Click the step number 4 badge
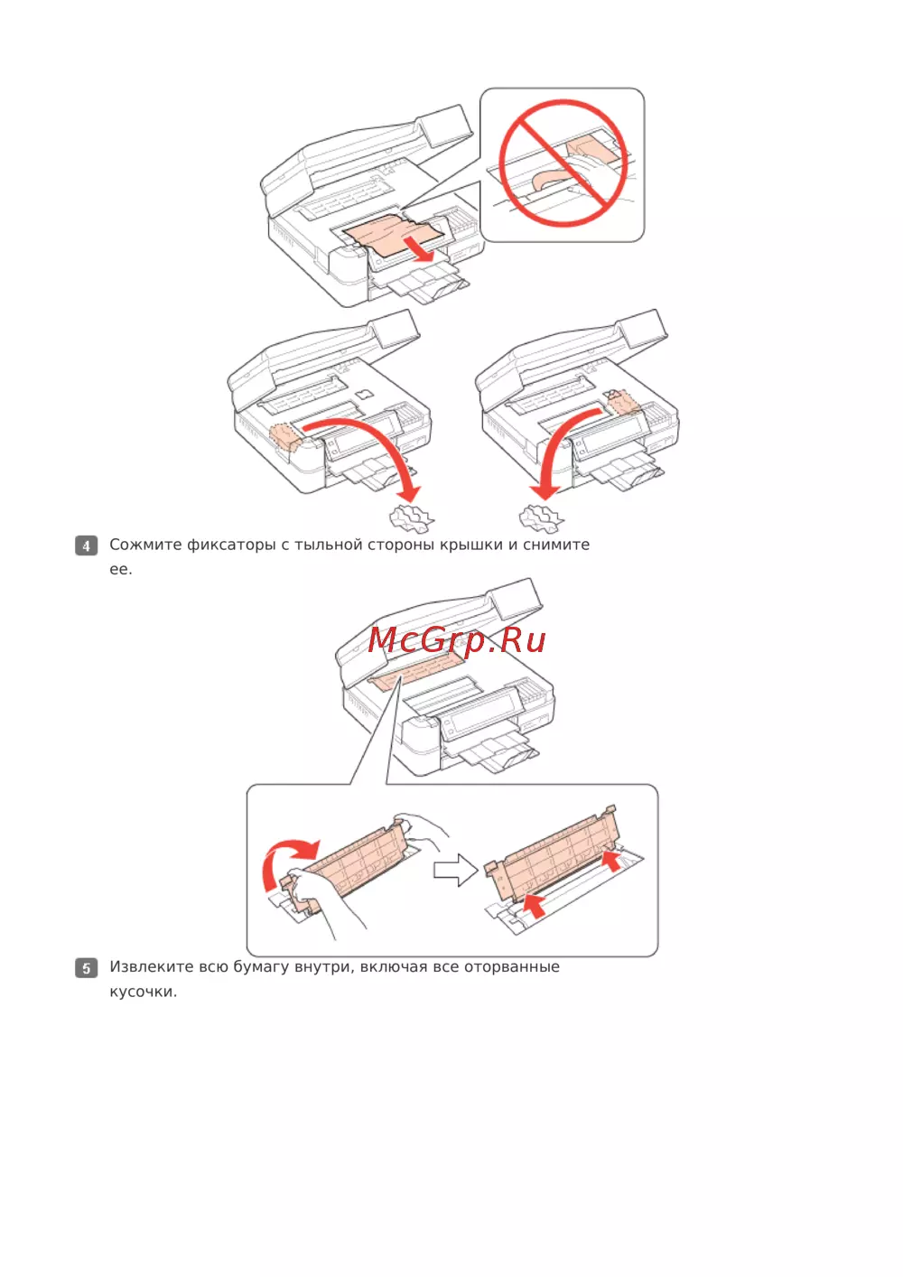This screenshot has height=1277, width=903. coord(86,545)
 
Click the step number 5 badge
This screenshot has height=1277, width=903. coord(86,968)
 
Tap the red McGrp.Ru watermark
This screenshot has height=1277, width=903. coord(457,641)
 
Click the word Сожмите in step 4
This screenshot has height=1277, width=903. coord(145,545)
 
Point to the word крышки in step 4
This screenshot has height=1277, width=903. coord(470,545)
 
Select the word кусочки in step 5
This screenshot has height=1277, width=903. coord(143,992)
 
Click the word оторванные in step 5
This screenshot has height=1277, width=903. coord(511,967)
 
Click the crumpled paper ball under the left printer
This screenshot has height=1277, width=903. coord(411,517)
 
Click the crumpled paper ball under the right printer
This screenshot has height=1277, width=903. coord(541,517)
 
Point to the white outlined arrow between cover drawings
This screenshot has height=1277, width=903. coord(455,871)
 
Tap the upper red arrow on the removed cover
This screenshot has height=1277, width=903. coord(611,861)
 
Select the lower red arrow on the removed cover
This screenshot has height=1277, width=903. coord(535,905)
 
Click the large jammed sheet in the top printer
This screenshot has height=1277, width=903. coord(394,233)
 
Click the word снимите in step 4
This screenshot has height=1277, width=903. coord(556,545)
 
